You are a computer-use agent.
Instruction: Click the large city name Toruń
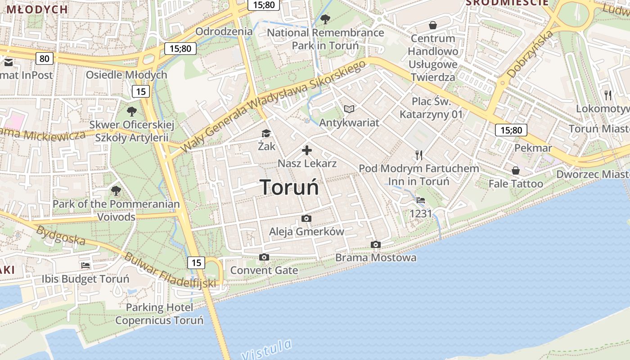tap(289, 187)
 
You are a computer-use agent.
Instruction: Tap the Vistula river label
tap(267, 350)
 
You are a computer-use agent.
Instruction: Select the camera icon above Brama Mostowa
tap(376, 244)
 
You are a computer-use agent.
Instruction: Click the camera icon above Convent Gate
tap(264, 257)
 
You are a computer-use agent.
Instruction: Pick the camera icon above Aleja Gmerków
tap(306, 218)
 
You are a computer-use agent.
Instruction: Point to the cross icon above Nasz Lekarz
tap(307, 150)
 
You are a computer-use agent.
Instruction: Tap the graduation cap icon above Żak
tap(266, 133)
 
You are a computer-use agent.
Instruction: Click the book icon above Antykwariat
tap(349, 109)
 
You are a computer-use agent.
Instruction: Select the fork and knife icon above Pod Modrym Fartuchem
tap(419, 155)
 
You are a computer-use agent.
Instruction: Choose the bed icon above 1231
tap(421, 200)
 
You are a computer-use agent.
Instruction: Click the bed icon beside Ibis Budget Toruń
tap(85, 265)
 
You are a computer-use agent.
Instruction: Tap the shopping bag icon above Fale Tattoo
tap(516, 171)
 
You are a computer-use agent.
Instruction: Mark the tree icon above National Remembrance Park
tap(325, 19)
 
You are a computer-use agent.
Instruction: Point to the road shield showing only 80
tap(44, 58)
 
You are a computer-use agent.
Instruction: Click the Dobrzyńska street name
tap(530, 54)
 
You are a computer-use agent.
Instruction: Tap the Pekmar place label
tap(533, 148)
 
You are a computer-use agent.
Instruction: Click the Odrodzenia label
tap(224, 31)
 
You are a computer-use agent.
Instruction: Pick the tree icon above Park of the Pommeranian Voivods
tap(116, 191)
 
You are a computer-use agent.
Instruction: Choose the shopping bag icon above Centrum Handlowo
tap(433, 25)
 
